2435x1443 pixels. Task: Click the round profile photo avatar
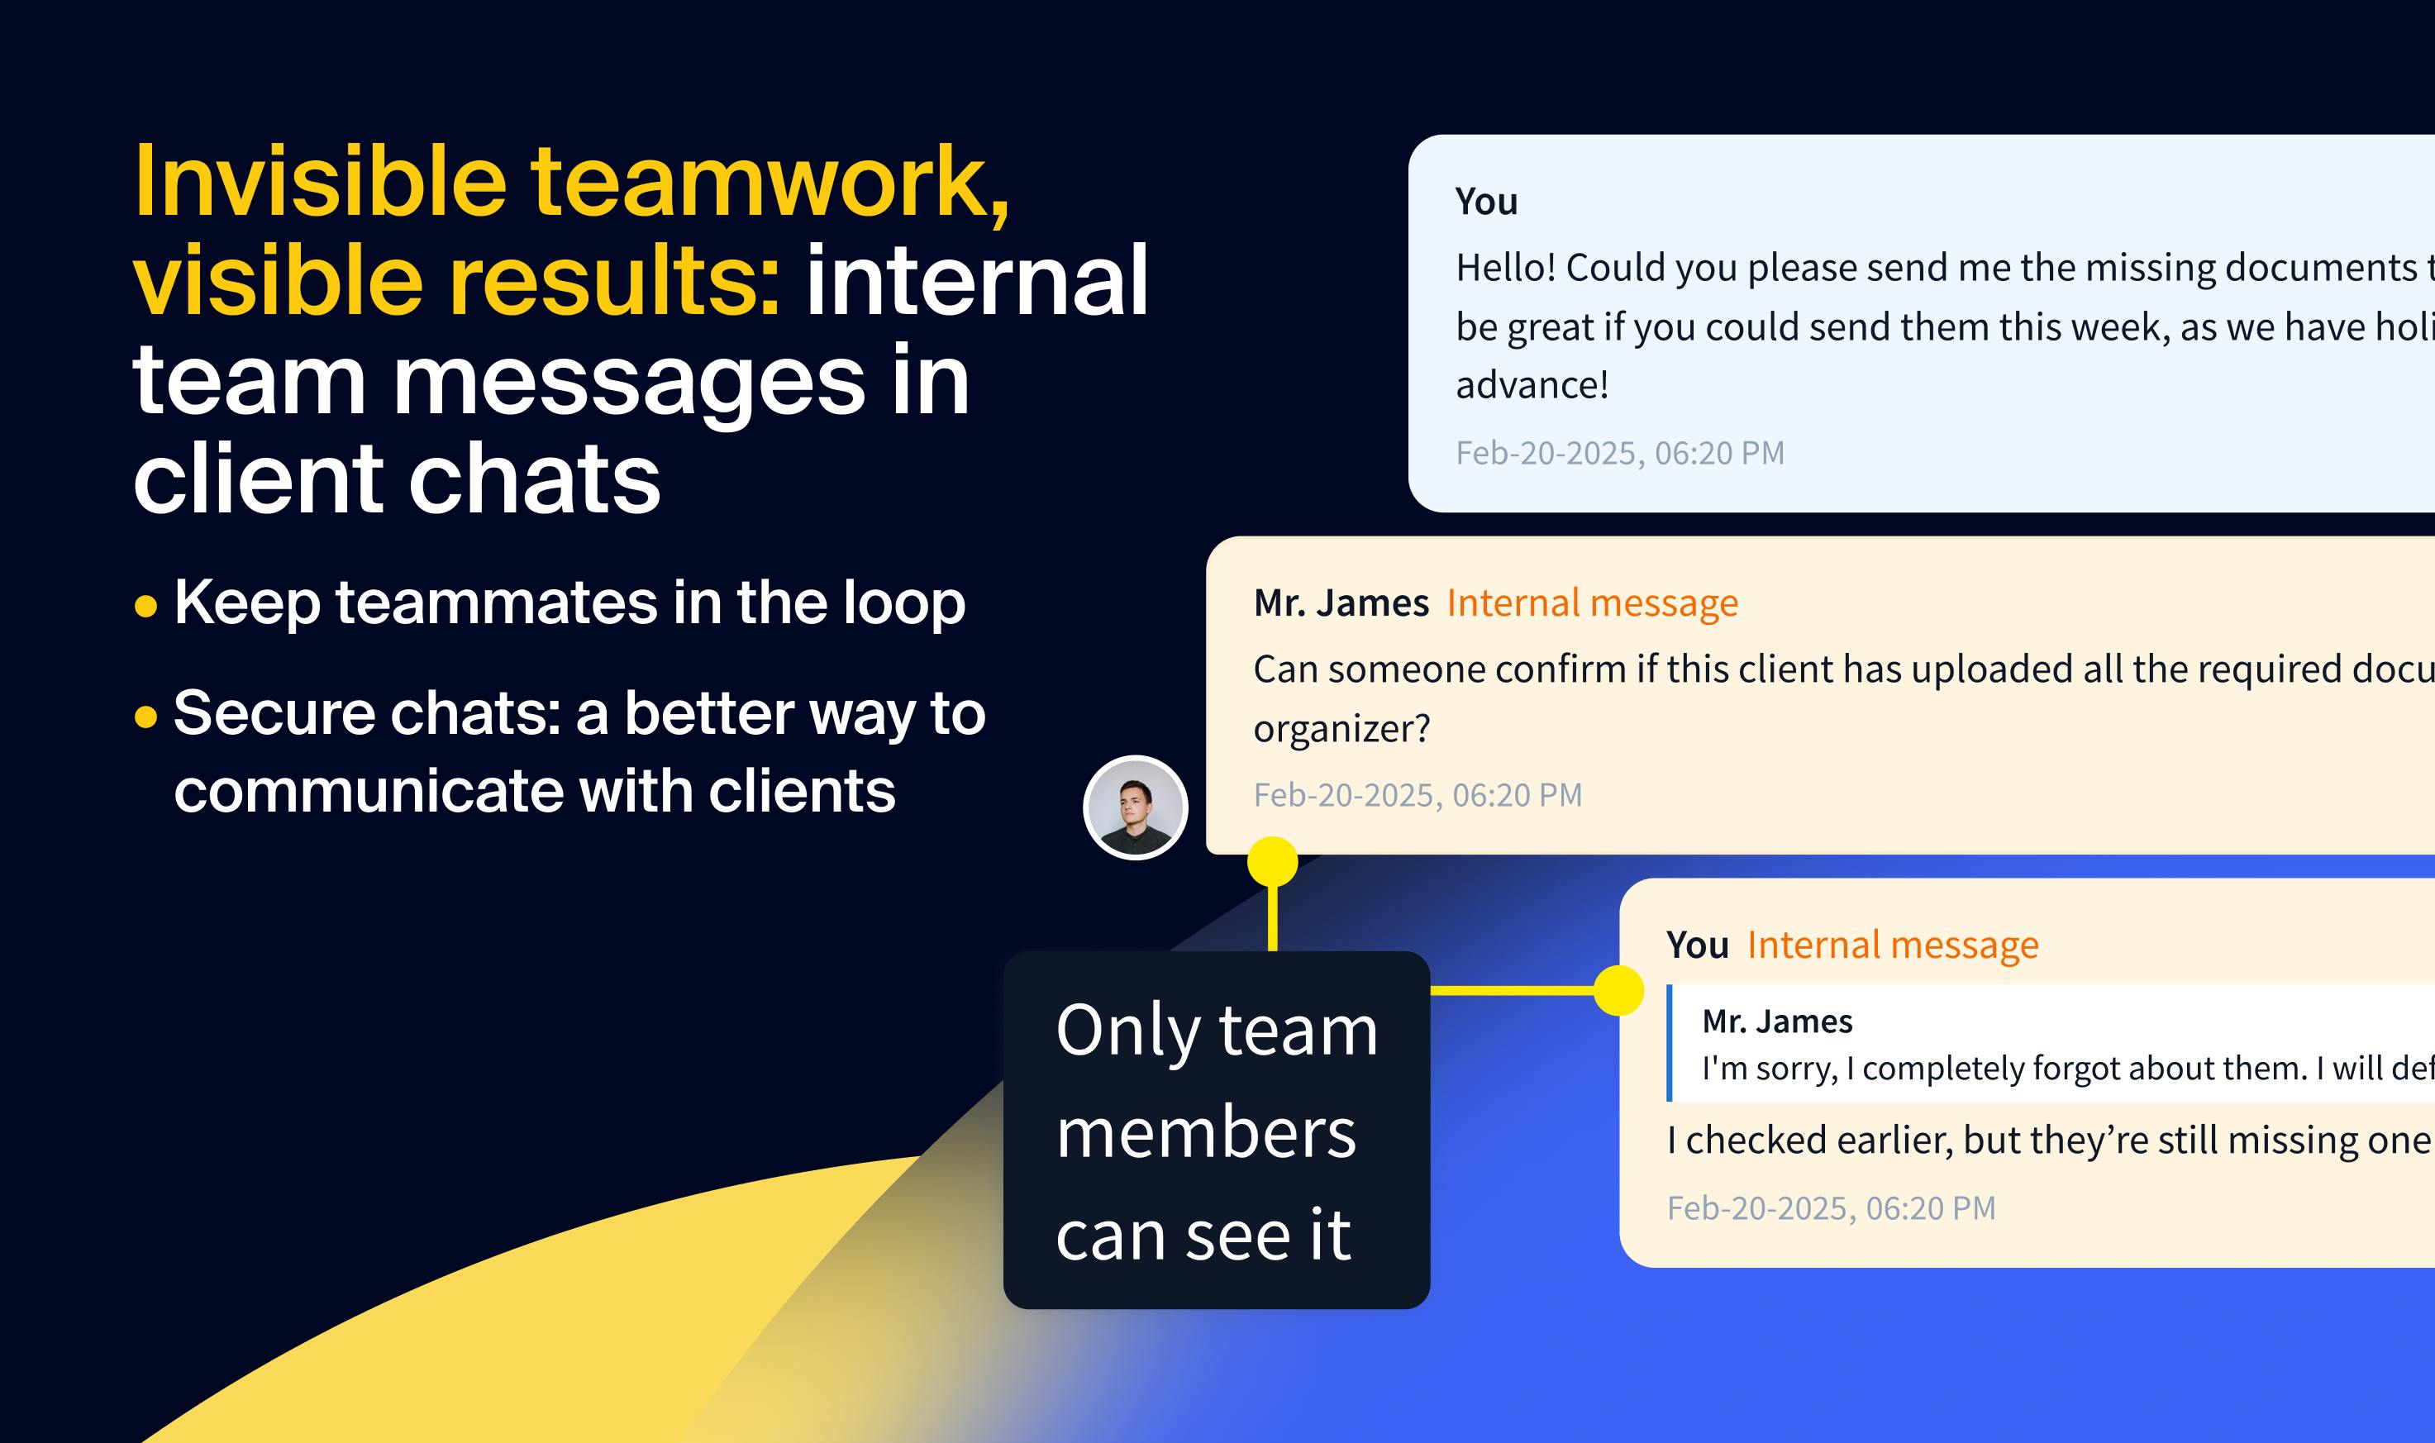1135,807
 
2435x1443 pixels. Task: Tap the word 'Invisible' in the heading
320,182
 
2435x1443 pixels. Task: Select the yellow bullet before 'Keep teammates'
145,607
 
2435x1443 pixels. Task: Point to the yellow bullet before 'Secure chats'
145,717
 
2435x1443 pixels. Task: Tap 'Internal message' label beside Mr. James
1592,602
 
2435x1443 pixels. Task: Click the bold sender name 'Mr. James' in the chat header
1341,602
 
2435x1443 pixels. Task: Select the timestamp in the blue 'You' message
1619,453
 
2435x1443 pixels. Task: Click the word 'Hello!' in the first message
1504,268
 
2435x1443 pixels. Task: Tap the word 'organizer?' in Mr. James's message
1341,728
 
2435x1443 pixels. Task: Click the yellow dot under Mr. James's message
1272,861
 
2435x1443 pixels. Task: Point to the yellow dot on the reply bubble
1618,990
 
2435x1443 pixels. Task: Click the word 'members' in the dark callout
1206,1133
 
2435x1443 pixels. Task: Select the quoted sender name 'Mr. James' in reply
1776,1021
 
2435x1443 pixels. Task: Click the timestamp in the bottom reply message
1830,1207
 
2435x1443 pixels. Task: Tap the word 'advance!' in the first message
1532,385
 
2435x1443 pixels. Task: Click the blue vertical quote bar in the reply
1670,1042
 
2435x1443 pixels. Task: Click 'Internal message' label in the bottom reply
1893,945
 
